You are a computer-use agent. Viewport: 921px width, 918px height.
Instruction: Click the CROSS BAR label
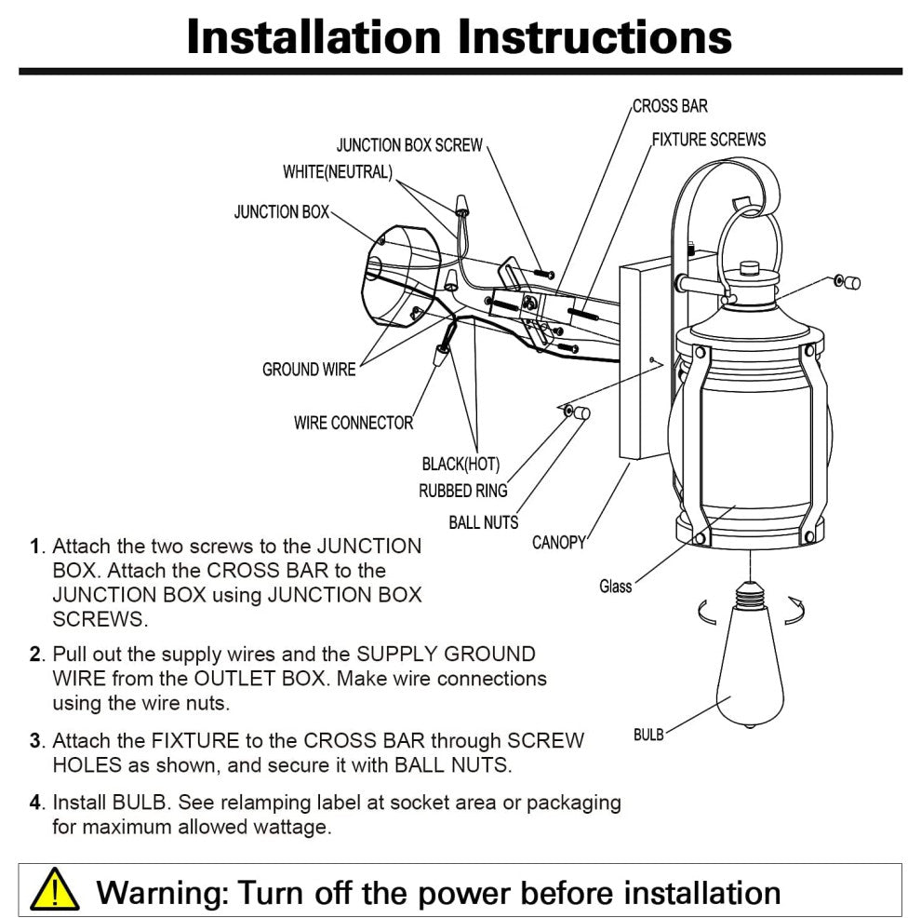(x=670, y=106)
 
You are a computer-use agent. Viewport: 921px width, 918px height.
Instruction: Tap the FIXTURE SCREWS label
(x=708, y=140)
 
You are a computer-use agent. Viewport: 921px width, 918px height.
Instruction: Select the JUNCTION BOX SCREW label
(x=409, y=145)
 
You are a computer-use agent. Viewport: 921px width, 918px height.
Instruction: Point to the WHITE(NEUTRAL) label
(x=338, y=172)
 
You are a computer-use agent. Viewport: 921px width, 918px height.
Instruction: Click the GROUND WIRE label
(x=309, y=370)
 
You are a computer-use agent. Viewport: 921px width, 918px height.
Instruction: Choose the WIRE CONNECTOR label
(x=354, y=423)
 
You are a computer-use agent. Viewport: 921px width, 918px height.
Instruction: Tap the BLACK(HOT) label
(x=460, y=464)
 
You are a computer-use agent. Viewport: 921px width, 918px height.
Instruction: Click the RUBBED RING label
(x=462, y=491)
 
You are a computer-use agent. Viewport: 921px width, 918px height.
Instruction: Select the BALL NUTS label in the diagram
(x=483, y=522)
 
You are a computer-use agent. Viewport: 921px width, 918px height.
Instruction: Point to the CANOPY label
(x=558, y=542)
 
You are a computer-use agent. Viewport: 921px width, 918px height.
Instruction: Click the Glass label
(x=615, y=586)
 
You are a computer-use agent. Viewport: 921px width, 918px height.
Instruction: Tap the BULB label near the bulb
(x=648, y=735)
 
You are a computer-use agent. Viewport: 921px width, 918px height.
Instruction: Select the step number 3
(x=36, y=741)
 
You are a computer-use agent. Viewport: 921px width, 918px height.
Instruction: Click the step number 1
(x=36, y=547)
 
